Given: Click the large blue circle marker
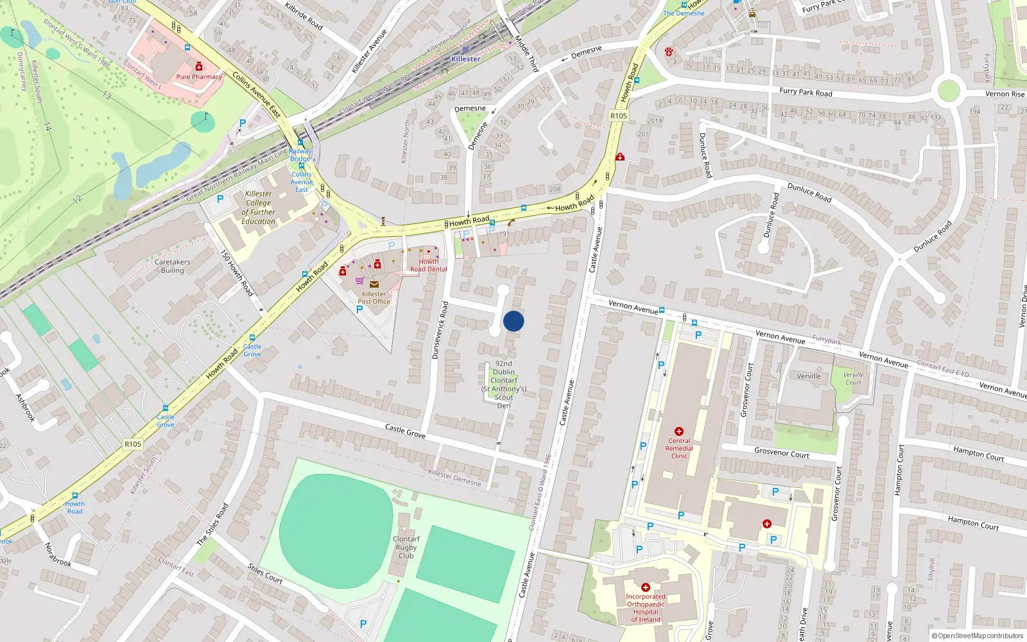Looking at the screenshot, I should click(x=513, y=321).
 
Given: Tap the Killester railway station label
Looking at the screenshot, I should click(x=465, y=59).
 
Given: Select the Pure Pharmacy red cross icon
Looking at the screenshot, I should click(x=199, y=67).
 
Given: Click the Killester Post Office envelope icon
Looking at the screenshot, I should click(x=374, y=284).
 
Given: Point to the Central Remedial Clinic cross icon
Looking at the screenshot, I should click(x=679, y=431).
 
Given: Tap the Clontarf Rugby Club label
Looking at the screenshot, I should click(x=406, y=548).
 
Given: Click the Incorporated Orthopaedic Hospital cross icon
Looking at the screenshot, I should click(x=646, y=587).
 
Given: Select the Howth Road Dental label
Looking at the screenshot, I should click(x=429, y=265).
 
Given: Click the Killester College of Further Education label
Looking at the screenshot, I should click(x=259, y=207).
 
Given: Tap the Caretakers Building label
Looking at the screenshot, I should click(x=172, y=266).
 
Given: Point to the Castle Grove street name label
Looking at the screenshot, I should click(x=405, y=431).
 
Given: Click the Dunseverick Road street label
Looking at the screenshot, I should click(x=440, y=330).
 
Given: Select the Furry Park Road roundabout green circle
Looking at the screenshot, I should click(x=949, y=91).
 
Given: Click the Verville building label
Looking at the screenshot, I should click(x=809, y=376).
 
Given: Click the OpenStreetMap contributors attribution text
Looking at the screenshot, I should click(x=978, y=636).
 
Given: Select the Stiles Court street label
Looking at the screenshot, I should click(x=265, y=573).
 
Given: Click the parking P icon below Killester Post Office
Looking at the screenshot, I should click(x=359, y=309).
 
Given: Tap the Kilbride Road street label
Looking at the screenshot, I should click(x=304, y=16).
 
